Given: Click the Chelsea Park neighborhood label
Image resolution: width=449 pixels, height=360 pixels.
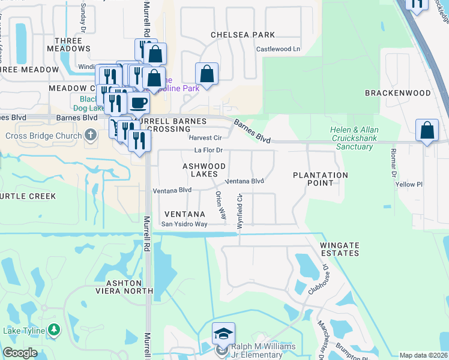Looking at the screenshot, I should point(243,35).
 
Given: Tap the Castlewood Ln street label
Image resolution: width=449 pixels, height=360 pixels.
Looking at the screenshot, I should point(278,49).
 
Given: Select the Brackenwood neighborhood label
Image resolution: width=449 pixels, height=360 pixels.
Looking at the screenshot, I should point(398,93).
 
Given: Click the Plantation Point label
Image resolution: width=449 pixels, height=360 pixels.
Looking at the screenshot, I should point(321,178).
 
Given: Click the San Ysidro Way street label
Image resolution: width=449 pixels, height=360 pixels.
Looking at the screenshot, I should point(184,224).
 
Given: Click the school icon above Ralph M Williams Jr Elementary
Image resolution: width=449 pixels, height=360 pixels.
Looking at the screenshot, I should point(223,333).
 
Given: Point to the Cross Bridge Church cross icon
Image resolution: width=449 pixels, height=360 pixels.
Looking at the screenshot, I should point(91,135).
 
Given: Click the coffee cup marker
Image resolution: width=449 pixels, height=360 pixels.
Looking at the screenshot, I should point(139,103).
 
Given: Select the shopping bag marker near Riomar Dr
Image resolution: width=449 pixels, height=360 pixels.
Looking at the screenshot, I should point(426,130).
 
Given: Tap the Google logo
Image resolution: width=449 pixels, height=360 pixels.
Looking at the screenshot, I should point(20,353).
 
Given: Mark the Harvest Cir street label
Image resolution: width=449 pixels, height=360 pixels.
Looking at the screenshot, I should point(205,137).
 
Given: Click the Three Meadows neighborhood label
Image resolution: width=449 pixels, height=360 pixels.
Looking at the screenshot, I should point(68,46).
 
